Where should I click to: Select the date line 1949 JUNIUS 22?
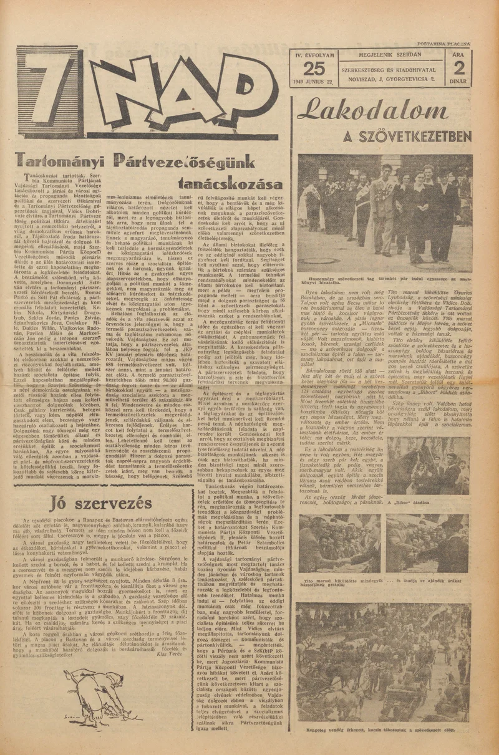(315, 82)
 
